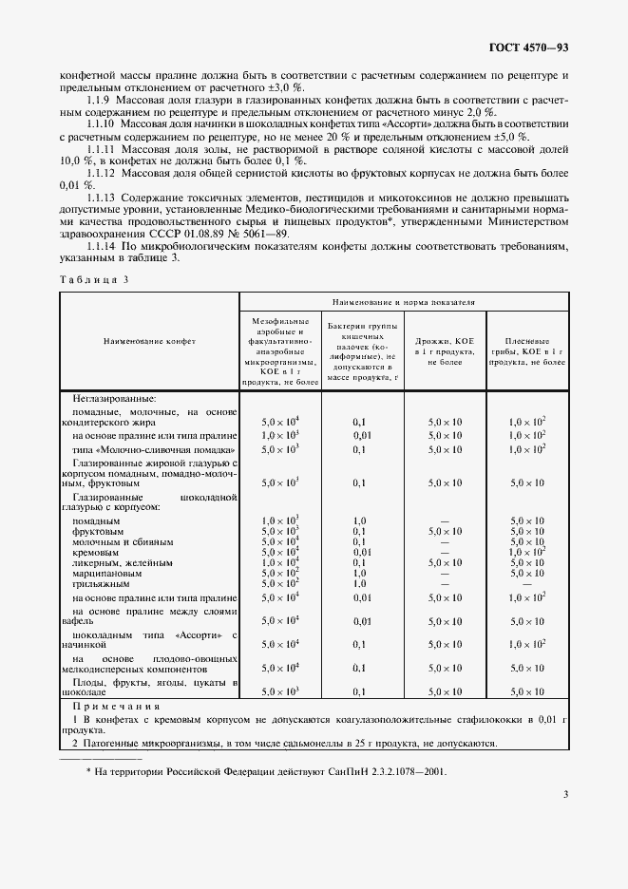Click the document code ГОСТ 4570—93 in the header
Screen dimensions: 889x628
coord(529,47)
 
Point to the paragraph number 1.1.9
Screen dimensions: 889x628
coord(101,99)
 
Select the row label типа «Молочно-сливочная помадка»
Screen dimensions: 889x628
coord(153,447)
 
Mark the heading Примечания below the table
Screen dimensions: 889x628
coord(114,706)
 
